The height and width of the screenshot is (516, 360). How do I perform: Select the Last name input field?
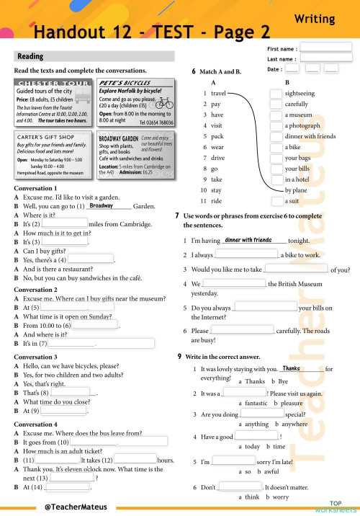pyautogui.click(x=325, y=59)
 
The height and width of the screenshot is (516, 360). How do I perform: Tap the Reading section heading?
pyautogui.click(x=30, y=56)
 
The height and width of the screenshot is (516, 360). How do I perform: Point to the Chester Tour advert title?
pyautogui.click(x=53, y=84)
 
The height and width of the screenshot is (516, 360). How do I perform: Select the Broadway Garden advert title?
pyautogui.click(x=118, y=138)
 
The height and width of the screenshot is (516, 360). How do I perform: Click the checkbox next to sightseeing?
pyautogui.click(x=276, y=94)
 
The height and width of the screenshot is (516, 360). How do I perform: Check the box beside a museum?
pyautogui.click(x=276, y=115)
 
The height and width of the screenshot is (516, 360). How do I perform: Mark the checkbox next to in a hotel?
pyautogui.click(x=276, y=179)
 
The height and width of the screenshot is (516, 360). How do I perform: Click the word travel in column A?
pyautogui.click(x=218, y=94)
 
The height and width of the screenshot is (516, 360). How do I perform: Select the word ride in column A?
pyautogui.click(x=216, y=200)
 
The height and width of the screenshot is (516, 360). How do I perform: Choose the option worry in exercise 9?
pyautogui.click(x=280, y=497)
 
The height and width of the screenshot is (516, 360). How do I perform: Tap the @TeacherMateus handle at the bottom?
pyautogui.click(x=71, y=507)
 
